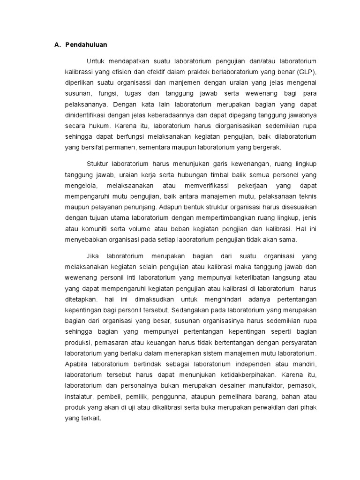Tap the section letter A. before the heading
pyautogui.click(x=58, y=45)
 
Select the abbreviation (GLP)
pyautogui.click(x=307, y=72)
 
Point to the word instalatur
pyautogui.click(x=78, y=396)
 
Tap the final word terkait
pyautogui.click(x=90, y=418)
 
